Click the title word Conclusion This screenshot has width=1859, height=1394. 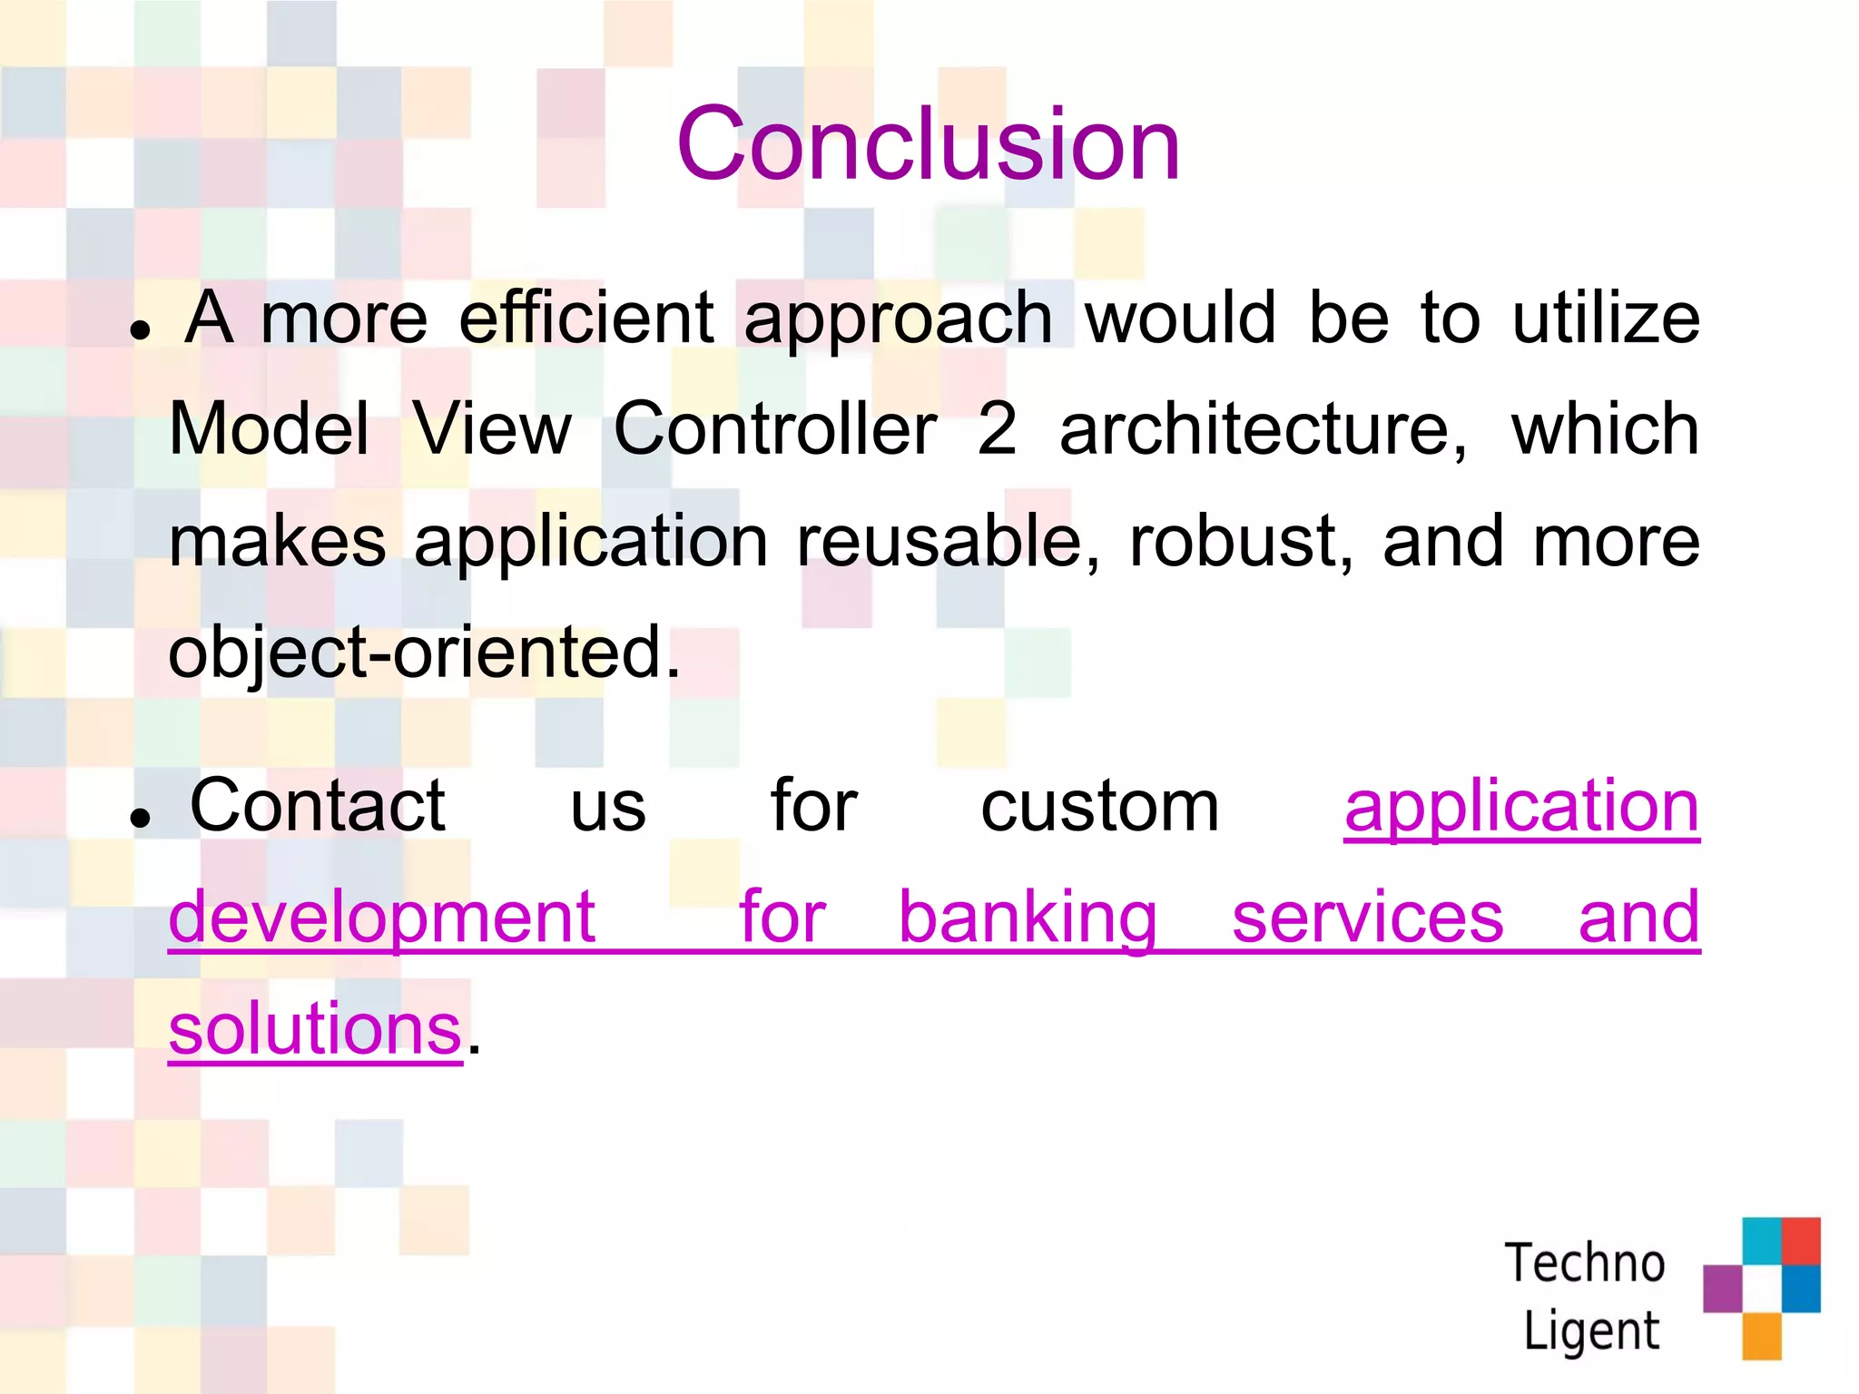[x=928, y=143]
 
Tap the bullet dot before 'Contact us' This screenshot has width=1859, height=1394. [x=139, y=819]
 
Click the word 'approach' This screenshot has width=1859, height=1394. [x=898, y=319]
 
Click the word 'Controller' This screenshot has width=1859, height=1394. [x=775, y=429]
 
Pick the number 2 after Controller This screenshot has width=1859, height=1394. [x=997, y=429]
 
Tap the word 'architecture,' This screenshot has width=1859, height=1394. [x=1262, y=429]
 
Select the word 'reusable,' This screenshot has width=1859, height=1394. [x=948, y=542]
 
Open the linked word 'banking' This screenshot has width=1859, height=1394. [x=1027, y=918]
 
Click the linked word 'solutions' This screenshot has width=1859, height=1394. [x=315, y=1029]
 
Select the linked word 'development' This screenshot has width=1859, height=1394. [x=382, y=918]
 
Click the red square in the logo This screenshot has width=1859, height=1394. [x=1801, y=1241]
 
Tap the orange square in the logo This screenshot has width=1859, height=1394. [x=1762, y=1336]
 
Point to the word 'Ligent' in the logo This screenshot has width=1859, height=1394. [x=1590, y=1331]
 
